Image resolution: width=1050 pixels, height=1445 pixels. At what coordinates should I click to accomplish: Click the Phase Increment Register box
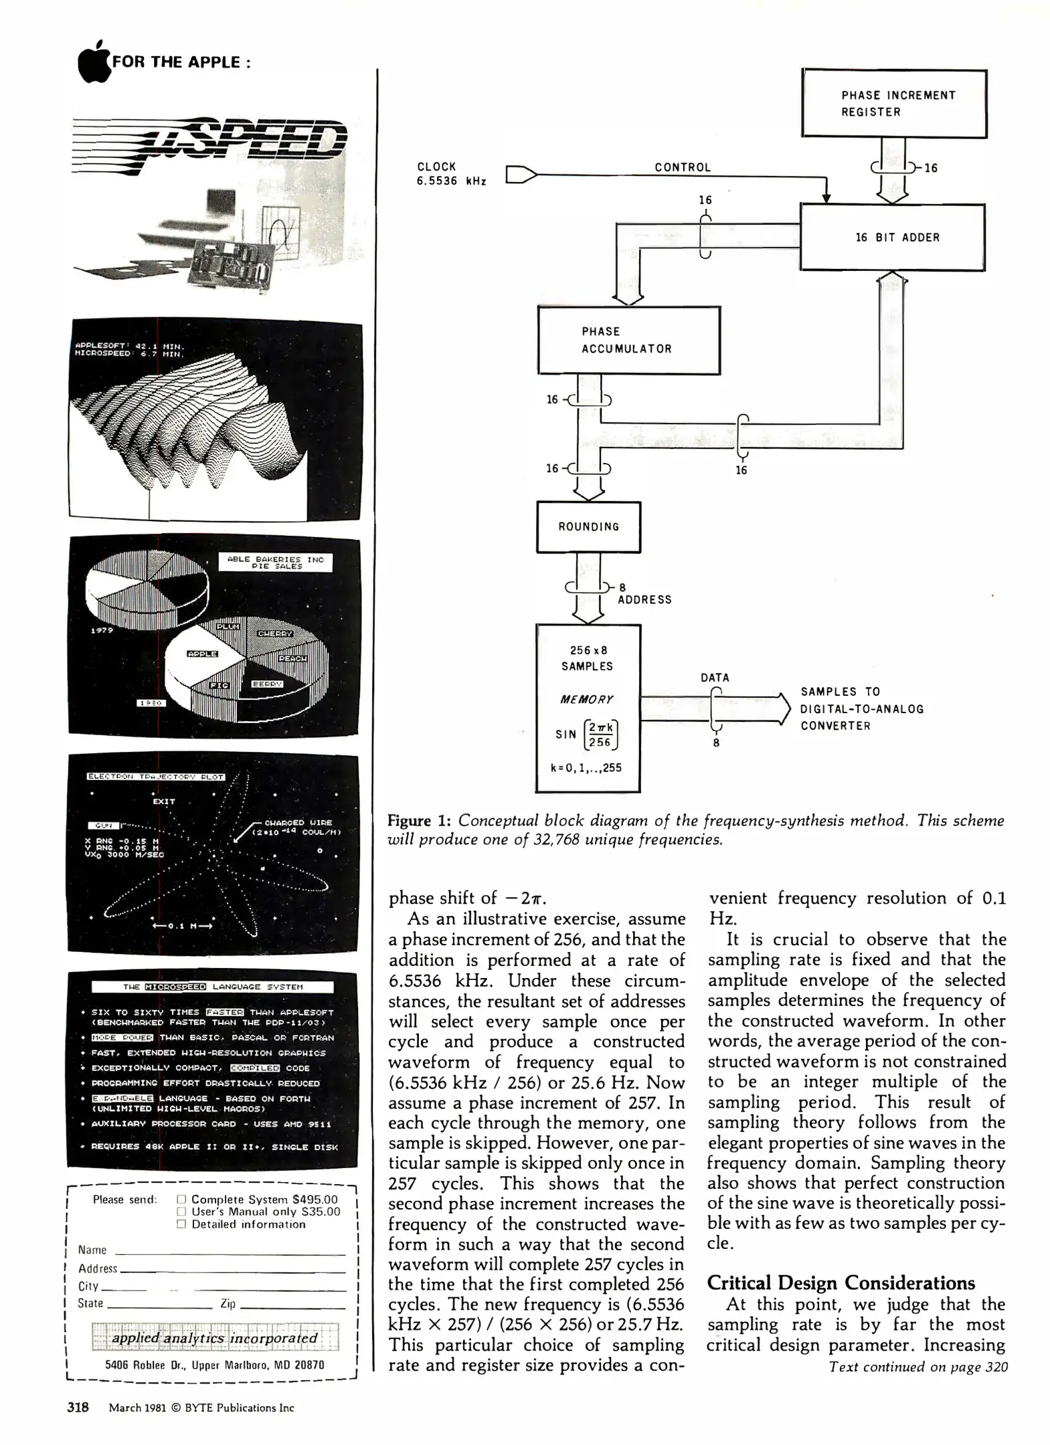pyautogui.click(x=894, y=104)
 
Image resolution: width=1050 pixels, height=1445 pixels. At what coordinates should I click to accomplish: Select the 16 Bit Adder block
pyautogui.click(x=893, y=237)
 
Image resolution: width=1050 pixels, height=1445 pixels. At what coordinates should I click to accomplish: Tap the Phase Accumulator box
pyautogui.click(x=628, y=340)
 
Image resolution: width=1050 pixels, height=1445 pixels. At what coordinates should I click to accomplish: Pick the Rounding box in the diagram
pyautogui.click(x=588, y=526)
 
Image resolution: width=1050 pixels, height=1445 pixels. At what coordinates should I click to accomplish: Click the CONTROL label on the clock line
pyautogui.click(x=682, y=167)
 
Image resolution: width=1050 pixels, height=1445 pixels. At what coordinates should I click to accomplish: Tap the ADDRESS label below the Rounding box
pyautogui.click(x=644, y=599)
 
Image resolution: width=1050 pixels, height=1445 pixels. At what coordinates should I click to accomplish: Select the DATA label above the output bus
pyautogui.click(x=715, y=678)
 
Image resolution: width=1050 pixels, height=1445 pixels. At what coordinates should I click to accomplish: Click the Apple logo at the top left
pyautogui.click(x=94, y=62)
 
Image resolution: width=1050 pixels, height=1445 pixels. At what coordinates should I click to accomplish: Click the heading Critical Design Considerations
pyautogui.click(x=841, y=1283)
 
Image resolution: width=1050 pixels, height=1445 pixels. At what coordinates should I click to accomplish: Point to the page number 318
pyautogui.click(x=78, y=1408)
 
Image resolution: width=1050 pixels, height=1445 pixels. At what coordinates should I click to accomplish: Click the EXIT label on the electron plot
pyautogui.click(x=164, y=801)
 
